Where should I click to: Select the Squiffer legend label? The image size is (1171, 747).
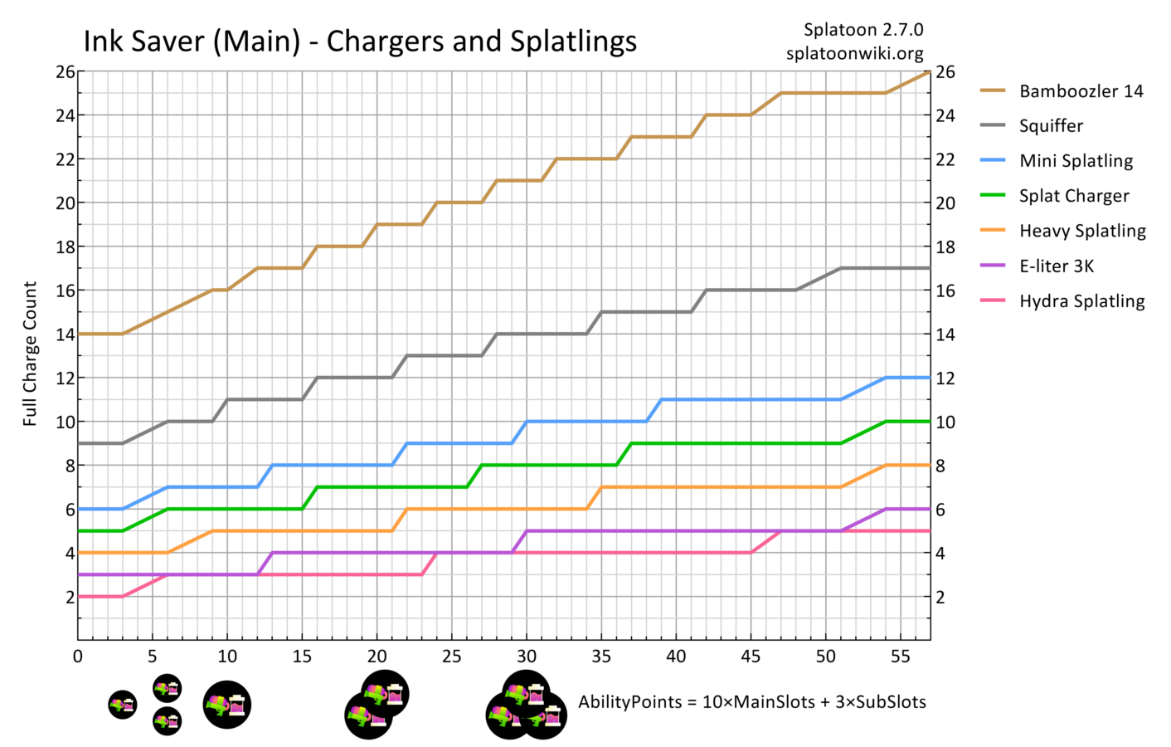click(x=1051, y=126)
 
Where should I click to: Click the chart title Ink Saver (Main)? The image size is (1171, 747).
click(x=360, y=41)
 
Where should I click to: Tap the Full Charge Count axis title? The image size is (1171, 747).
click(x=31, y=354)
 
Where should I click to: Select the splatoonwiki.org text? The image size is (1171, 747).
click(x=855, y=53)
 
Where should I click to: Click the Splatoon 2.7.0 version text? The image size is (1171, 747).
click(x=863, y=30)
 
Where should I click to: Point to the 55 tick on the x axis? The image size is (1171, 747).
click(x=901, y=657)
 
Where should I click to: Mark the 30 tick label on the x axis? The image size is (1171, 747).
click(x=527, y=657)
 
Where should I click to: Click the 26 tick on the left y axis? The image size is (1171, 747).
click(x=66, y=72)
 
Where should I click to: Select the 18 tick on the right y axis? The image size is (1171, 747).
click(x=945, y=247)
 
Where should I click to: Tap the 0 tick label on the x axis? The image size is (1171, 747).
click(x=78, y=657)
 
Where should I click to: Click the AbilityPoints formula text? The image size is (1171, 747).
click(x=752, y=702)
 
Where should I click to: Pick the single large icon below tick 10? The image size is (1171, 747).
click(x=227, y=705)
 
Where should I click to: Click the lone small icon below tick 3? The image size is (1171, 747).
click(x=123, y=705)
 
